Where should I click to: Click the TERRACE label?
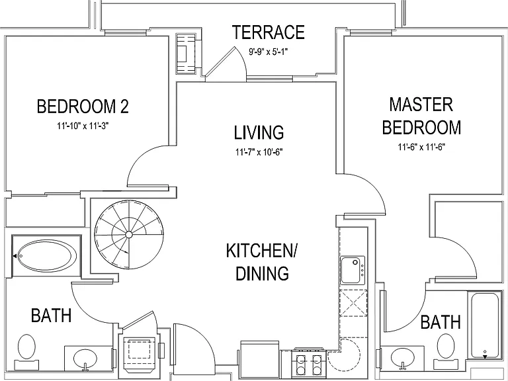click(269, 32)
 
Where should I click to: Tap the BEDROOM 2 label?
click(83, 106)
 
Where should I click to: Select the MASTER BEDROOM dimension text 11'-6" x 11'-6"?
click(421, 147)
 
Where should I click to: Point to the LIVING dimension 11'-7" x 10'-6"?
click(259, 152)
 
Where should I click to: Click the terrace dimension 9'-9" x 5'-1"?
click(269, 52)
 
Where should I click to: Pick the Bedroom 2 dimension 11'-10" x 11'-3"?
click(83, 126)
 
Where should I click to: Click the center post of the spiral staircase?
click(128, 234)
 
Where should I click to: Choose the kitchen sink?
click(353, 270)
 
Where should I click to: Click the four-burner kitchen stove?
click(309, 364)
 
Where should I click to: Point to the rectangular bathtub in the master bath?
click(485, 325)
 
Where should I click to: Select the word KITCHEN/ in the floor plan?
click(261, 251)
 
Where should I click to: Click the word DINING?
click(262, 273)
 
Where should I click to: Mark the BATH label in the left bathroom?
click(52, 316)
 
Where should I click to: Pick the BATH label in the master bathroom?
click(441, 322)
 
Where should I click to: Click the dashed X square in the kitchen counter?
click(353, 303)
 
